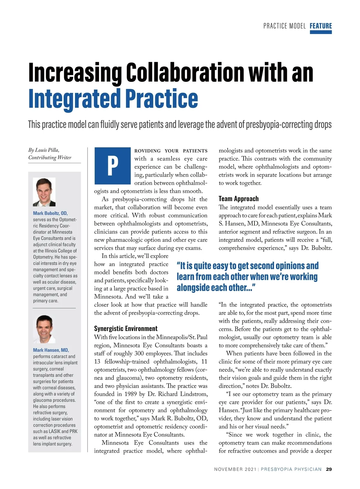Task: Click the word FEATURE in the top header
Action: [x=321, y=26]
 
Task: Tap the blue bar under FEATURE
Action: [x=321, y=32]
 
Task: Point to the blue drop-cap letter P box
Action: [x=112, y=165]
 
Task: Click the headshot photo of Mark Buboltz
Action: [x=44, y=192]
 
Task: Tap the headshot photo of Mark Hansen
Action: [x=44, y=329]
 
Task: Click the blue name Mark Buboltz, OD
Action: [x=50, y=213]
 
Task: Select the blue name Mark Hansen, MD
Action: [x=51, y=350]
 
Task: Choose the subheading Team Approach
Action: [x=238, y=199]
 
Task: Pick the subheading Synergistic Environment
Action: [x=126, y=328]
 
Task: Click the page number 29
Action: [x=329, y=469]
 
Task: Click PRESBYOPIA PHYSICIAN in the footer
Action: [x=291, y=469]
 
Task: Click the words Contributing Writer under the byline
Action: [x=50, y=157]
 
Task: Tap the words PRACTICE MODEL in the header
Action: [x=284, y=26]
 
